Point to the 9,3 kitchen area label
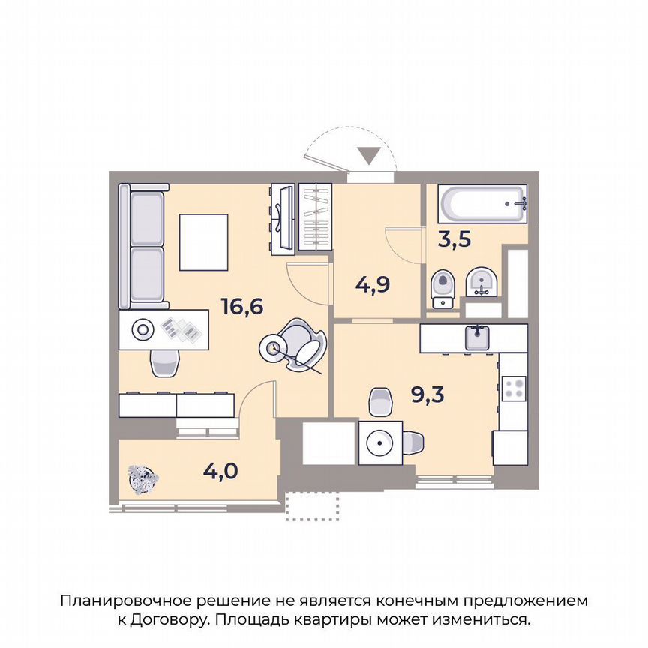click(x=428, y=393)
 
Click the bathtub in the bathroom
click(x=483, y=203)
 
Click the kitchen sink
click(x=478, y=337)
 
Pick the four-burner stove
click(x=514, y=388)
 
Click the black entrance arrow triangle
click(x=368, y=156)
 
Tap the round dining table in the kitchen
click(x=381, y=442)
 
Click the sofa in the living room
click(x=144, y=246)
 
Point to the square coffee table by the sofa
click(x=203, y=242)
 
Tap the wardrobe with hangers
click(x=315, y=217)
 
